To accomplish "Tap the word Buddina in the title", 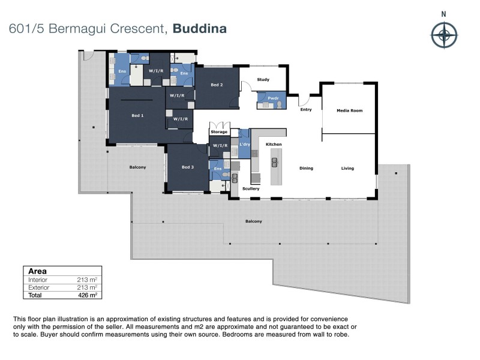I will pos(199,28).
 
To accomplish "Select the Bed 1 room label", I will pos(137,115).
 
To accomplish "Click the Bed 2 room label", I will pos(217,85).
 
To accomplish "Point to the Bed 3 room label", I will pos(187,167).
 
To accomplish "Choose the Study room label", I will pos(263,79).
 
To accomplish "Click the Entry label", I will pos(305,110).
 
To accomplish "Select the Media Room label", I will pos(349,110).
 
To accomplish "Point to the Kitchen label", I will pos(274,145).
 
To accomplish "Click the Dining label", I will pos(307,169).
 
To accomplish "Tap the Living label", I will pos(347,169).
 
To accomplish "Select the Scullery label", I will pos(251,189).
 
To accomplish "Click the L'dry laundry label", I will pos(244,145).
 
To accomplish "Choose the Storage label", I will pos(219,131).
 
